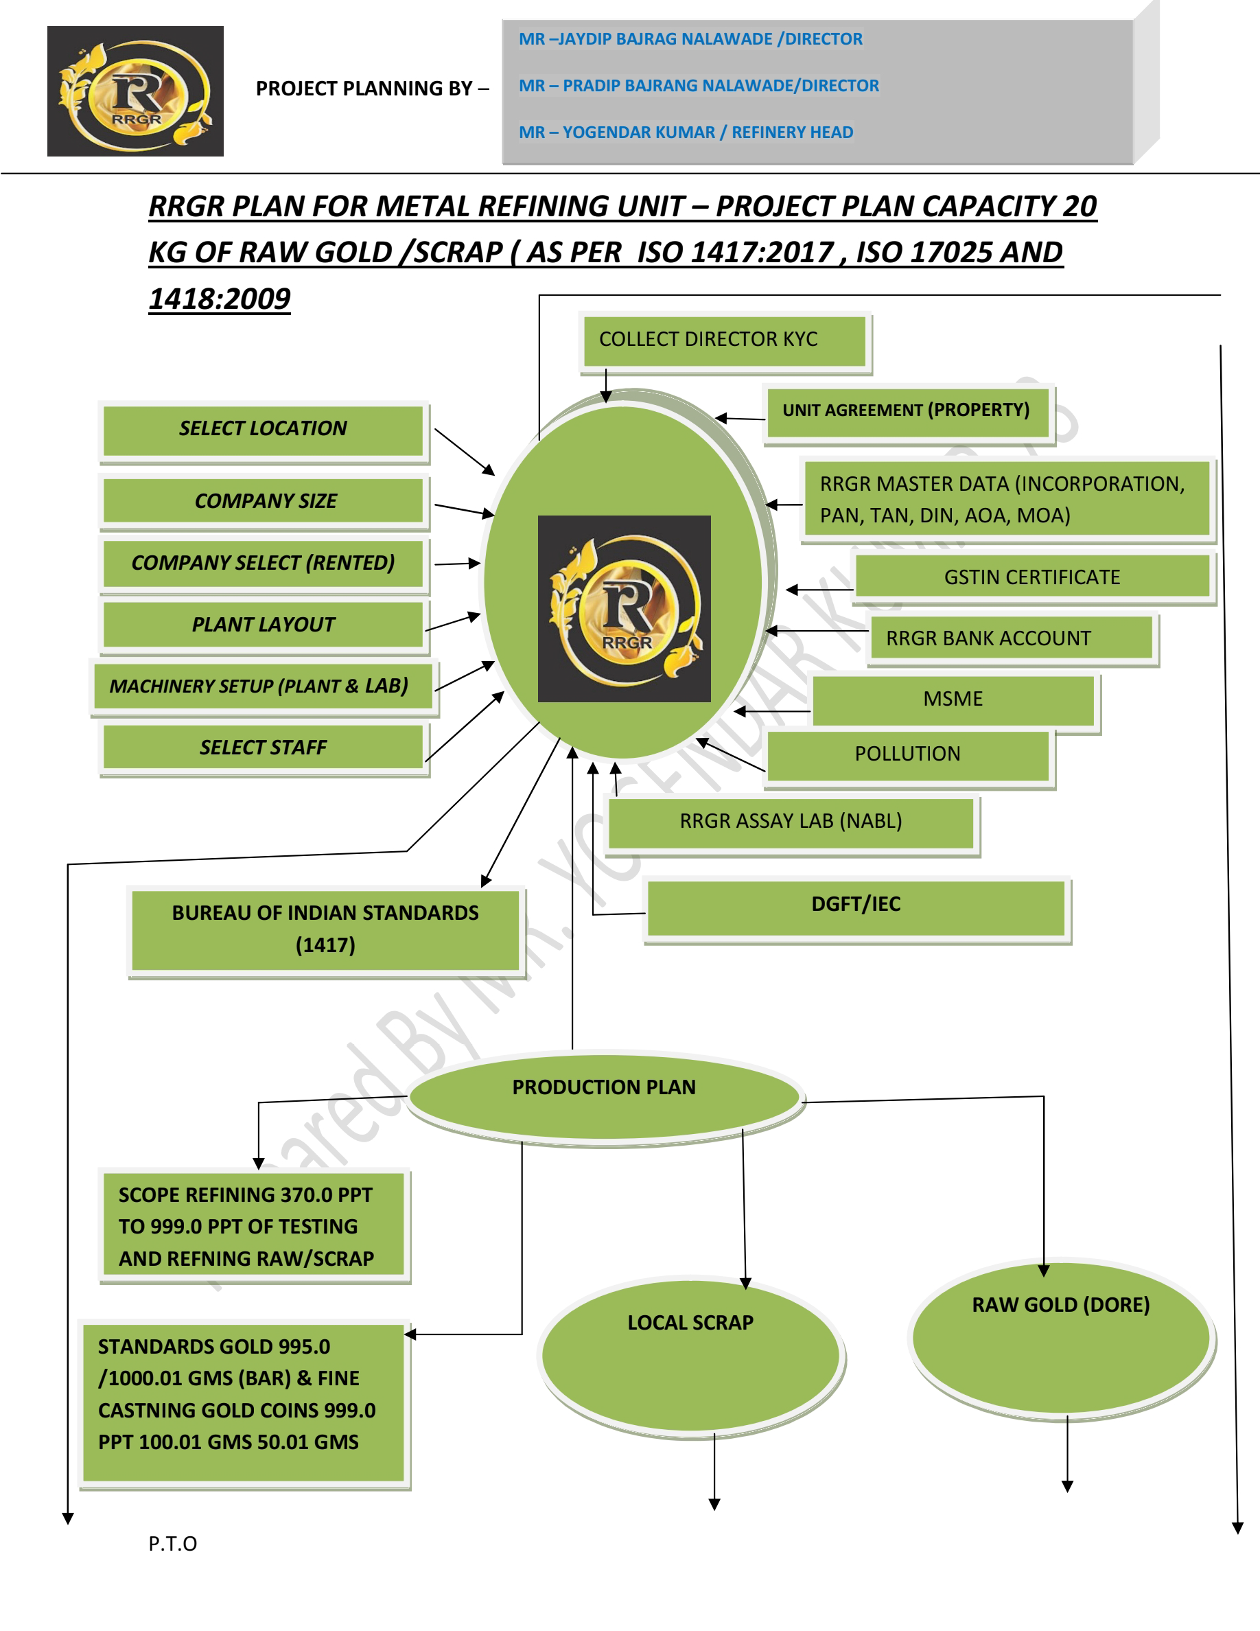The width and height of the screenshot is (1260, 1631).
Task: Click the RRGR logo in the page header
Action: pyautogui.click(x=135, y=91)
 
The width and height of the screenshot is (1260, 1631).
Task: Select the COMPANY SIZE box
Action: pyautogui.click(x=264, y=501)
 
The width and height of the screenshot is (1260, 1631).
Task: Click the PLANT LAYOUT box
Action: pyautogui.click(x=263, y=624)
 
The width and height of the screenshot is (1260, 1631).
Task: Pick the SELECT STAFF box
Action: pyautogui.click(x=263, y=748)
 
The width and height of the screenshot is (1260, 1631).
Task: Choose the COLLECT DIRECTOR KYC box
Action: pyautogui.click(x=723, y=340)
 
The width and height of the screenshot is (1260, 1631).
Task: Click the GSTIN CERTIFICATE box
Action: pyautogui.click(x=1031, y=577)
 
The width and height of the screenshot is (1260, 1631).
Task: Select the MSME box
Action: pyautogui.click(x=953, y=699)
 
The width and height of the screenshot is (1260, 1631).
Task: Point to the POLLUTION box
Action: pyautogui.click(x=907, y=754)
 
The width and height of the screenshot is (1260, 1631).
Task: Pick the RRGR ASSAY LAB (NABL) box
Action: pyautogui.click(x=791, y=822)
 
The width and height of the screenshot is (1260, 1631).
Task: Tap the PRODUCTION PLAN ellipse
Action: pyautogui.click(x=604, y=1095)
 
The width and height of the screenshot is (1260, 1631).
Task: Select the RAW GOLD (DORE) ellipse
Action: pyautogui.click(x=1061, y=1337)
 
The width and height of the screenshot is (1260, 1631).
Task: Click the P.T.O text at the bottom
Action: pyautogui.click(x=172, y=1544)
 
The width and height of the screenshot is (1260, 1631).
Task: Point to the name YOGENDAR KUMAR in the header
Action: pyautogui.click(x=638, y=133)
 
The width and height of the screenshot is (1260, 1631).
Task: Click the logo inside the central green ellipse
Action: pyautogui.click(x=624, y=609)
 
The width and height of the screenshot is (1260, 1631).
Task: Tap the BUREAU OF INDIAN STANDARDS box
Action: pyautogui.click(x=325, y=929)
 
